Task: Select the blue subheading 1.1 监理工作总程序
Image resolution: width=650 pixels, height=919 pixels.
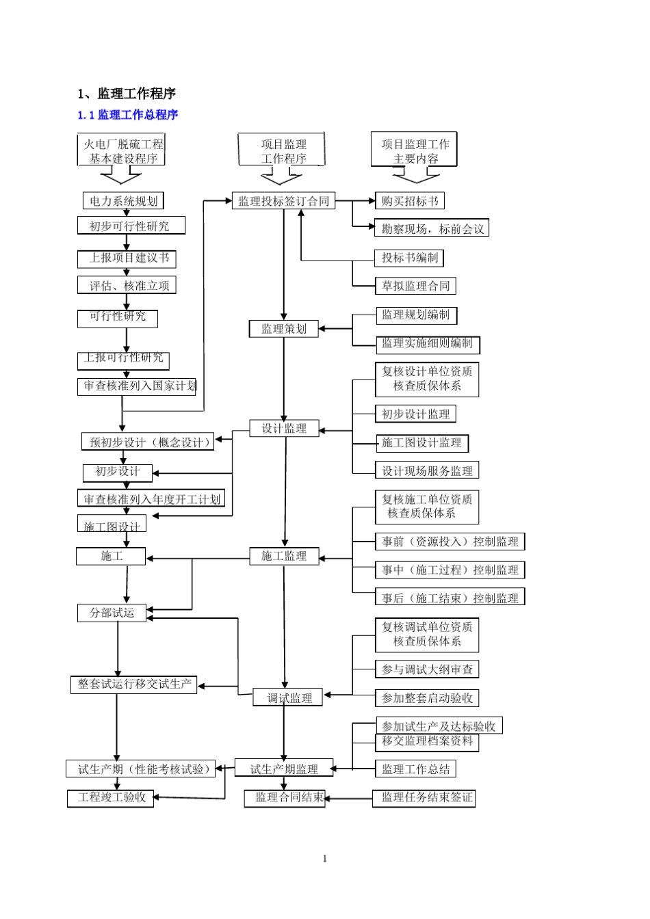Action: pyautogui.click(x=128, y=115)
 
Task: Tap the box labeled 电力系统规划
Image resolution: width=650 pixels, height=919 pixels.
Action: pyautogui.click(x=124, y=201)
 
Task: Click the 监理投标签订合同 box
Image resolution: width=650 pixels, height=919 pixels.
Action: pyautogui.click(x=283, y=201)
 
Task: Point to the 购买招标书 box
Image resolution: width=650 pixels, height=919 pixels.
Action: pyautogui.click(x=410, y=201)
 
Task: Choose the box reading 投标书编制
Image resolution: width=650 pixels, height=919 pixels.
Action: pyautogui.click(x=410, y=258)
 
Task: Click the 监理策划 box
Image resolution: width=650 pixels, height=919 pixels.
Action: pyautogui.click(x=284, y=329)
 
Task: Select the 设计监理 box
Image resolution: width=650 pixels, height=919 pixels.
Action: pyautogui.click(x=284, y=429)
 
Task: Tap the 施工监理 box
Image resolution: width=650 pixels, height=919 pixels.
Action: pyautogui.click(x=284, y=556)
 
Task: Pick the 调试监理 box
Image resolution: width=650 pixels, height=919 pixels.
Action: pyautogui.click(x=288, y=698)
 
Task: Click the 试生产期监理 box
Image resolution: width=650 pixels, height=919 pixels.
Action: pyautogui.click(x=284, y=769)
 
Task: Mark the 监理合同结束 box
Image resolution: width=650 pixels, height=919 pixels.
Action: pyautogui.click(x=285, y=798)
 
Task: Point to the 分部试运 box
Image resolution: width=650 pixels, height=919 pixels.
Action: pyautogui.click(x=112, y=613)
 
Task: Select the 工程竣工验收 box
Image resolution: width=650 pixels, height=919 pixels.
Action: pyautogui.click(x=111, y=798)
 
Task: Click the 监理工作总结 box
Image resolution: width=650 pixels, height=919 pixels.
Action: pyautogui.click(x=415, y=769)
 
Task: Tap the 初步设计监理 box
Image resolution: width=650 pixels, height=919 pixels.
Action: pyautogui.click(x=415, y=414)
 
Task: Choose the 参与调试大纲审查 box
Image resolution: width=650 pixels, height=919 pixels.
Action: pyautogui.click(x=427, y=669)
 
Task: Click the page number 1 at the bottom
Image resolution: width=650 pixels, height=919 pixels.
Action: pyautogui.click(x=325, y=859)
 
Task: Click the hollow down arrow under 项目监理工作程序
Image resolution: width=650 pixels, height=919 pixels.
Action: pyautogui.click(x=281, y=178)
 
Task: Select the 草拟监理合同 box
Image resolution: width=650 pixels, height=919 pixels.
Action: pyautogui.click(x=415, y=286)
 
